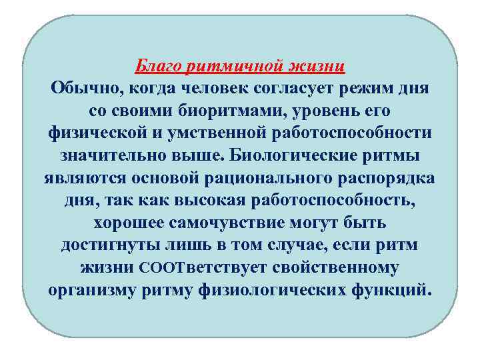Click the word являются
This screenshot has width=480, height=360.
pos(83,179)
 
